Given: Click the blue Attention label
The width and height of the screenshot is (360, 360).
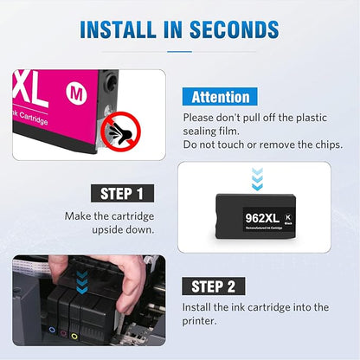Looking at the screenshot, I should click(x=220, y=98).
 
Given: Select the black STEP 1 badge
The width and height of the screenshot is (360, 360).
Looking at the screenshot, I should click(x=123, y=193).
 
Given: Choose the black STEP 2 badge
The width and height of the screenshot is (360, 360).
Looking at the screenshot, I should click(x=218, y=286).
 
